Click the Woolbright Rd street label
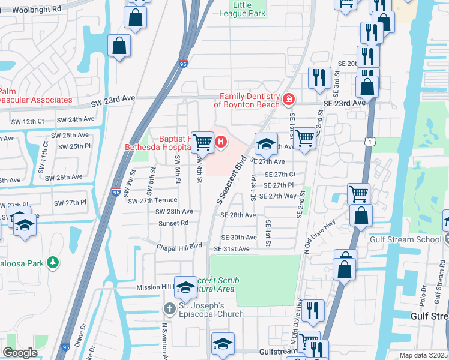(x=37, y=10)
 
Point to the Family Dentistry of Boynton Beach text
(x=249, y=100)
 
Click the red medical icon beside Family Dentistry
(x=288, y=98)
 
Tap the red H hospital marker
(x=221, y=142)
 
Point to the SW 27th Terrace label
(x=152, y=200)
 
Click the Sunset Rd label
(x=173, y=223)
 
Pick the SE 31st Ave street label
(x=235, y=248)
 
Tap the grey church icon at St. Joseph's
(x=170, y=309)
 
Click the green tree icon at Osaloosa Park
(x=53, y=262)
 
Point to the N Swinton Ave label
(x=163, y=340)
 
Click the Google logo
(x=20, y=353)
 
